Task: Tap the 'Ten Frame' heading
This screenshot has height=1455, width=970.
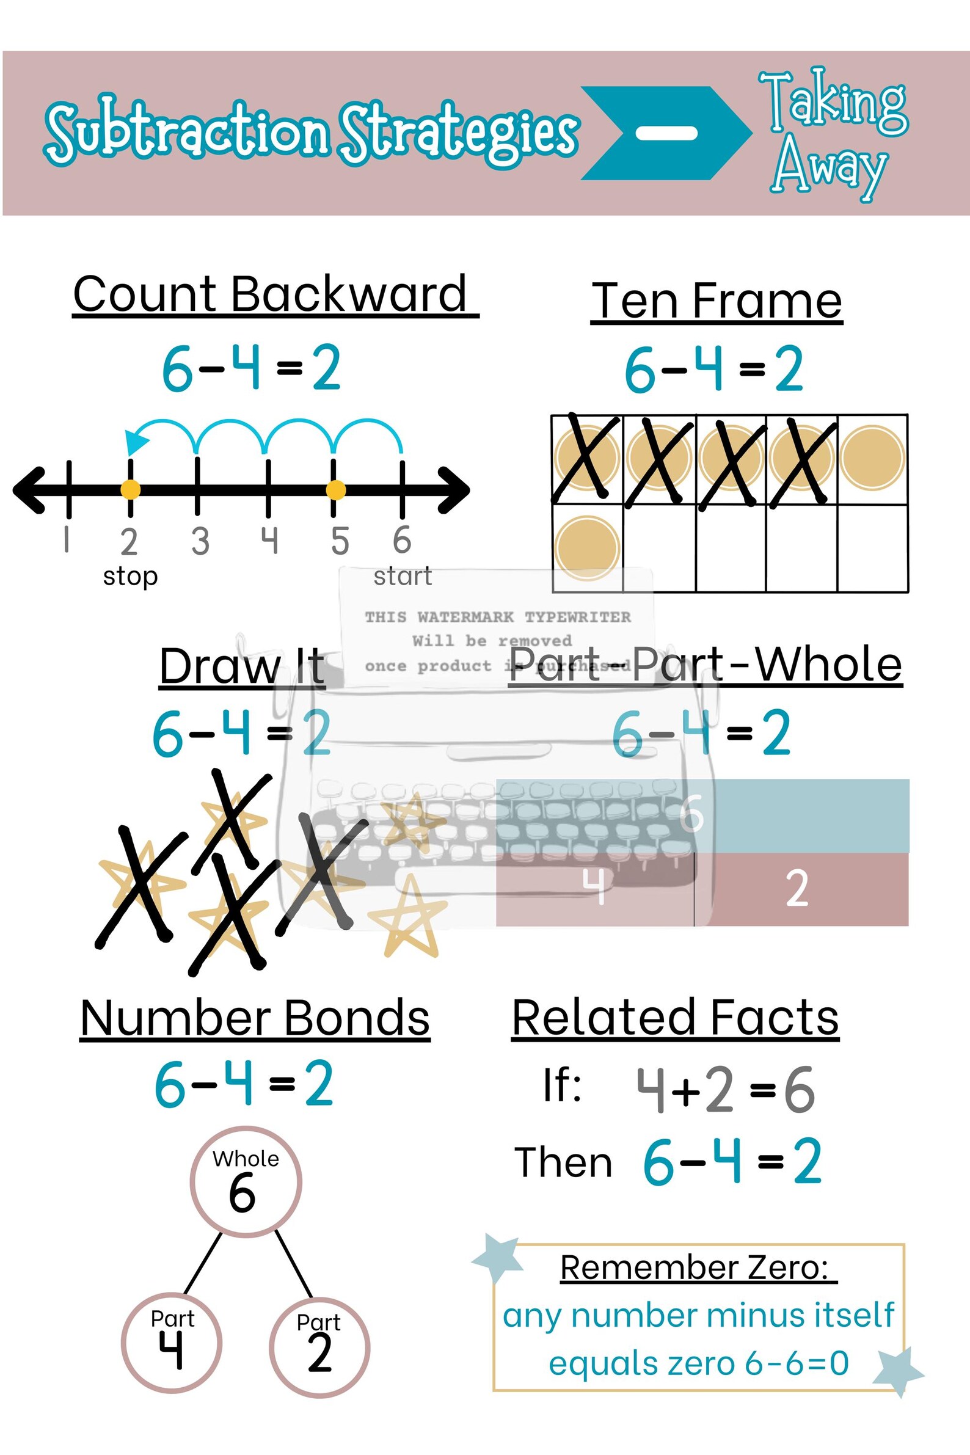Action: click(x=717, y=301)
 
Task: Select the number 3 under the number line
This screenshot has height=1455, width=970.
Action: click(x=200, y=541)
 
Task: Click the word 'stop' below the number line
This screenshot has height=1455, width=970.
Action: click(x=131, y=577)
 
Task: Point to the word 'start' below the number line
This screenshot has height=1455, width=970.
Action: click(x=402, y=577)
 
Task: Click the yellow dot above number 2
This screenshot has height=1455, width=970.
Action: click(x=130, y=490)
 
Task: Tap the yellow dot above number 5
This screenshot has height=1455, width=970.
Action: click(x=335, y=490)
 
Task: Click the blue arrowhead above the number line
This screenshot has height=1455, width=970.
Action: click(x=136, y=441)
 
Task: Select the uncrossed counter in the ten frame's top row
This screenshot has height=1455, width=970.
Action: click(x=872, y=458)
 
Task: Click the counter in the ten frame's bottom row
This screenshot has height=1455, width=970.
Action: click(x=586, y=547)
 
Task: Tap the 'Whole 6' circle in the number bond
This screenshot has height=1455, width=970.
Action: click(x=246, y=1181)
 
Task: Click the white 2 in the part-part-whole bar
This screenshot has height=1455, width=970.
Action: click(x=797, y=888)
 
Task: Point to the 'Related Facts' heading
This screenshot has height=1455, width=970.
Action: click(x=675, y=1018)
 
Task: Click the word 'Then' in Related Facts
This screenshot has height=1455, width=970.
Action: click(x=563, y=1162)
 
